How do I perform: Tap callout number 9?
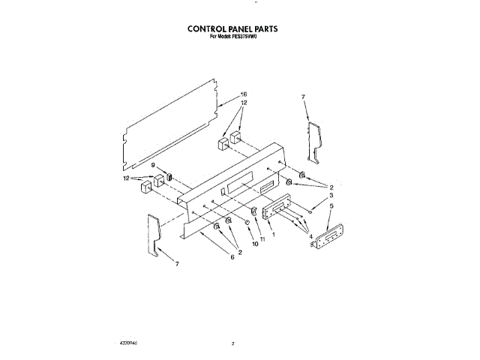[154, 165]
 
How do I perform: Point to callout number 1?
[274, 235]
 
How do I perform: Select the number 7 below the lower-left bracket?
[178, 265]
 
